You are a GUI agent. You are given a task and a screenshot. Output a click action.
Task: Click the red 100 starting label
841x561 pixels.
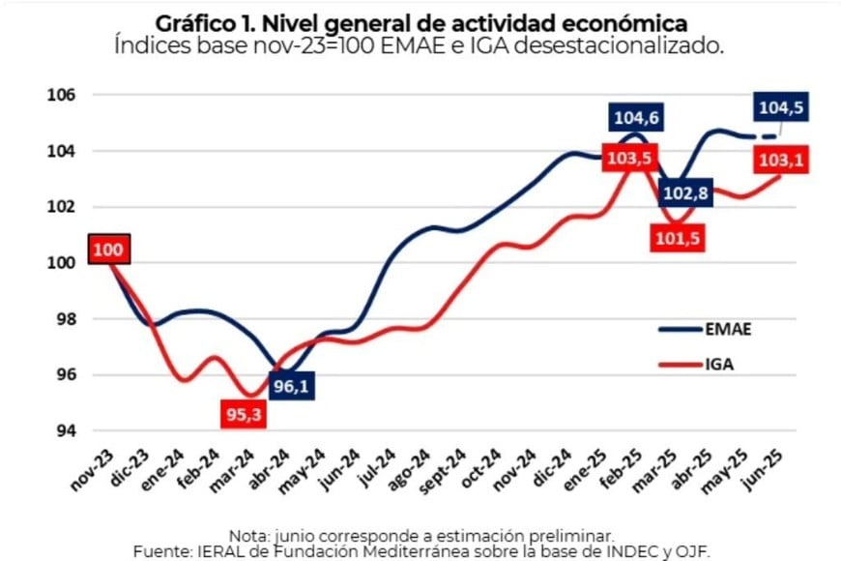pos(108,251)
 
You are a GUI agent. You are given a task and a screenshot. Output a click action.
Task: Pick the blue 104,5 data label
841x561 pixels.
pos(782,106)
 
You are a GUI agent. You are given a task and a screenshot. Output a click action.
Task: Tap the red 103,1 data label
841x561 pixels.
pos(782,160)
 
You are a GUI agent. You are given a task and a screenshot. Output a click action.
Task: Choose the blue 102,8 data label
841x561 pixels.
pos(683,193)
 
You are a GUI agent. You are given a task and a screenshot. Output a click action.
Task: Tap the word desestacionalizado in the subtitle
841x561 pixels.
pos(619,44)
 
